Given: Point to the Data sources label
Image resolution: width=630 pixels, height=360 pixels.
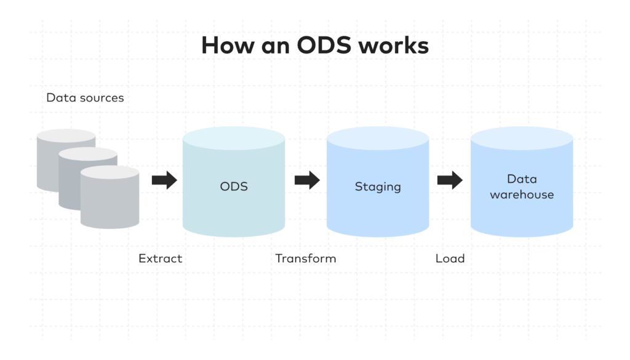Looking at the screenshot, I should point(85,98).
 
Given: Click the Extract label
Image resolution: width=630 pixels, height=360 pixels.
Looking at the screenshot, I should point(161,258).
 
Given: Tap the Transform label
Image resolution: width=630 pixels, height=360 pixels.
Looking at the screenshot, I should point(306,258).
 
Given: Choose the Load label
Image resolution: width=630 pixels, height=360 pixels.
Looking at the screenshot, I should point(450,258).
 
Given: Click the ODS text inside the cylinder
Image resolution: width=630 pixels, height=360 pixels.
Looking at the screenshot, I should point(234,186).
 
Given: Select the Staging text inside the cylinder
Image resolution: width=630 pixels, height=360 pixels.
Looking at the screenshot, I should point(378,186).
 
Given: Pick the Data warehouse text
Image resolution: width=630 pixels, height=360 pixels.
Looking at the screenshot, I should point(522,186).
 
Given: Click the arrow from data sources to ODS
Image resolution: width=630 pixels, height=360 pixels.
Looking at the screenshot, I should point(164,180).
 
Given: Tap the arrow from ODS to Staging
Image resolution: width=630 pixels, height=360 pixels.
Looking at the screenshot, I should point(307,180).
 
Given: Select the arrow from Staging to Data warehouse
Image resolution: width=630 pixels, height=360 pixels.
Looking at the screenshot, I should point(450,180).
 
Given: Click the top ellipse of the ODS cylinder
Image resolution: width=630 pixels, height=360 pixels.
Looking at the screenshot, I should point(234,138).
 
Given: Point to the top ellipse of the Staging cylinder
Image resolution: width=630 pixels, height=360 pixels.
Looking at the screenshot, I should point(378,138).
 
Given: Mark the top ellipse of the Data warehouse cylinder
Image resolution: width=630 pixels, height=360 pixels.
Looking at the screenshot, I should point(522,138).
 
